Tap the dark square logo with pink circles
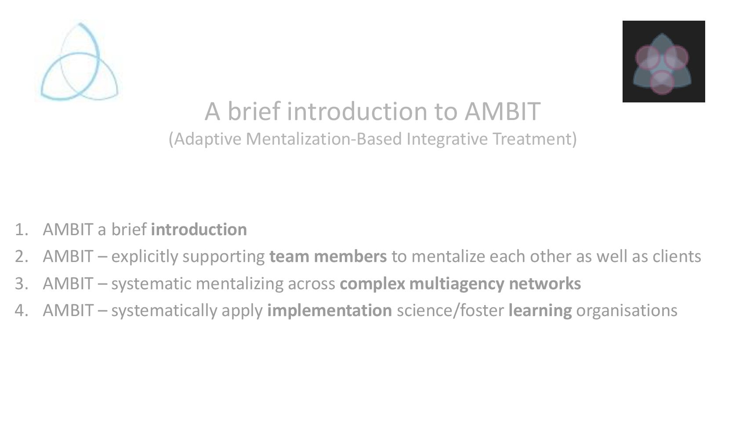point(663,62)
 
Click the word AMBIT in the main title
point(502,111)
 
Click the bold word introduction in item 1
point(199,229)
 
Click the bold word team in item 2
point(289,256)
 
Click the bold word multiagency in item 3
point(457,284)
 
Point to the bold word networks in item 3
point(545,284)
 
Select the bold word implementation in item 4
point(330,310)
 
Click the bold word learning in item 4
point(540,310)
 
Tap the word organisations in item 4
point(627,310)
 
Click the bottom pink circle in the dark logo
point(662,82)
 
